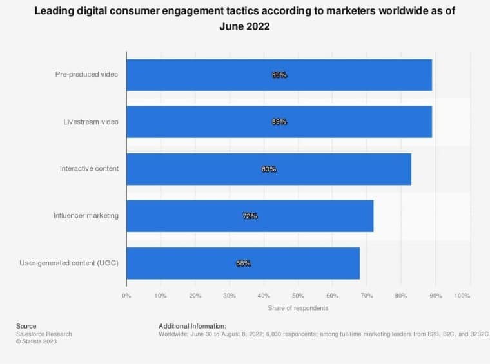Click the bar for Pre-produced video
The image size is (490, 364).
click(x=279, y=75)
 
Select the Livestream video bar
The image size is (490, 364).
click(x=279, y=122)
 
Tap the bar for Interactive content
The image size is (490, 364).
click(x=268, y=169)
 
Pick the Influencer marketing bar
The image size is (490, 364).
click(x=250, y=216)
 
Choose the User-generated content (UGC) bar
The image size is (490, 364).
click(x=242, y=263)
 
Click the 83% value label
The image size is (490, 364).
click(x=269, y=169)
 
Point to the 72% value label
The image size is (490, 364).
click(x=250, y=216)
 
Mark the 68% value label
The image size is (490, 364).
click(x=243, y=263)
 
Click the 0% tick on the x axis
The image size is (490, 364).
click(x=126, y=296)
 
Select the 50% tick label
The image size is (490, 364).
click(x=298, y=296)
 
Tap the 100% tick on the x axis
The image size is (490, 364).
click(x=462, y=296)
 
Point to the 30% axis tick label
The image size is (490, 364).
click(x=230, y=296)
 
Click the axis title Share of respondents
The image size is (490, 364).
click(x=298, y=308)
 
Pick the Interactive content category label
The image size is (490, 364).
click(x=89, y=169)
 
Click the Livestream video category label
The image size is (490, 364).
click(x=91, y=122)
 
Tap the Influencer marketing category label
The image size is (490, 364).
click(x=86, y=216)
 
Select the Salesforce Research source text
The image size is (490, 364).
click(x=44, y=334)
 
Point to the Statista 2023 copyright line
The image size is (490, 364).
click(x=37, y=341)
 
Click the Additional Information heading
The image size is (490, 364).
click(x=192, y=326)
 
